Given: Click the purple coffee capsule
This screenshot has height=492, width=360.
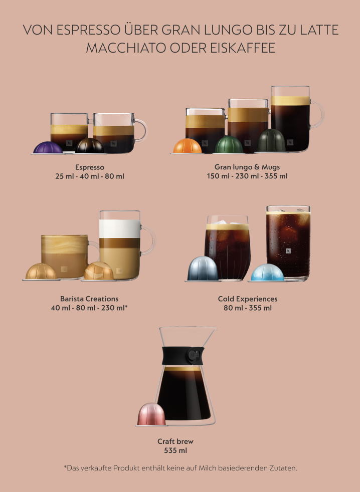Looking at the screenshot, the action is point(48,148).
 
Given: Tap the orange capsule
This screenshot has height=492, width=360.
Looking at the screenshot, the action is point(187,146).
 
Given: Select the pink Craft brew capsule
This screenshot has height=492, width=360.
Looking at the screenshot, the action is point(151,414).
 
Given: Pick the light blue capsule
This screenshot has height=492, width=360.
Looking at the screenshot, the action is point(267,273).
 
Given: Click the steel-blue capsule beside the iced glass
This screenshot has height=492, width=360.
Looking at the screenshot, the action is point(203,269).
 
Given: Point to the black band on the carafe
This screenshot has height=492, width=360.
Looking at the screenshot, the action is point(183,356).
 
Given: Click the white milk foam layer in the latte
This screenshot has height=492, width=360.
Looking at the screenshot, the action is point(120,228).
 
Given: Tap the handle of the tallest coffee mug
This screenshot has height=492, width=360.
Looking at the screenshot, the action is point(317,115).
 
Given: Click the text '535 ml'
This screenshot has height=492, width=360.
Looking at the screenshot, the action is point(175,450).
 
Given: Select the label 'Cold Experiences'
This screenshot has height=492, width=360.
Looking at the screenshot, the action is point(248,299).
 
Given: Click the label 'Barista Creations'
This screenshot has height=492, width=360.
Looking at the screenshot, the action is point(89,299).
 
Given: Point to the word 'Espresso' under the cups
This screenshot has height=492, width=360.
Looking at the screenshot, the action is point(90,167).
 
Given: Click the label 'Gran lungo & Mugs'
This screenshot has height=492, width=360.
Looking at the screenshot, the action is point(247,167).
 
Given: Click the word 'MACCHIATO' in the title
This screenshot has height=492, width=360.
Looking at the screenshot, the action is point(126,48).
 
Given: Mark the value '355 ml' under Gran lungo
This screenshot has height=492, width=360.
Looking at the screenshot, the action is point(276,176).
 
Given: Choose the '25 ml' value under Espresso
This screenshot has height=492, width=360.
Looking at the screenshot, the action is point(64,176).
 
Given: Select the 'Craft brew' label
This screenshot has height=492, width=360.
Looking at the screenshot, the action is point(175,441).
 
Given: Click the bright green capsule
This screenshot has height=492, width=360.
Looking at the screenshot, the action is point(229,145).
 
